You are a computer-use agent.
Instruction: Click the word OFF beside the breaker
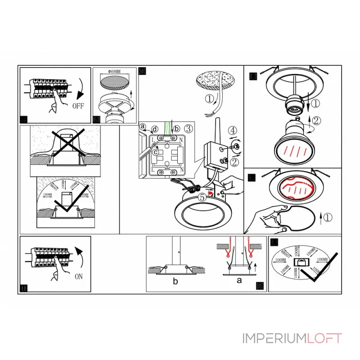[78, 106]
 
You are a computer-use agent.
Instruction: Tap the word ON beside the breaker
[78, 277]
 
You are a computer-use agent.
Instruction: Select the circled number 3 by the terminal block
[189, 129]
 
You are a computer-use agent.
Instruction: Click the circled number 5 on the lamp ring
[203, 196]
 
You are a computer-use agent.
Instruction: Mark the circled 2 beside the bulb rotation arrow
[317, 120]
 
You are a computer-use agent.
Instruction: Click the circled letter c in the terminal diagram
[155, 152]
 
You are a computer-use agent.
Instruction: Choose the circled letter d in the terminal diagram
[154, 129]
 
